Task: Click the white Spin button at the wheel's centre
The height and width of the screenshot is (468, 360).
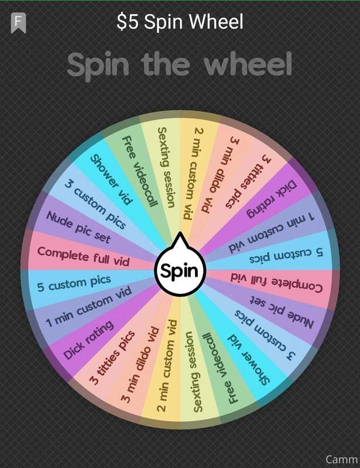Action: pos(180,270)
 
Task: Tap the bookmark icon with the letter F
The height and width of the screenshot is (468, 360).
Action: pos(19,23)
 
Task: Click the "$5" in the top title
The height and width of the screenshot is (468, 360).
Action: pos(128,22)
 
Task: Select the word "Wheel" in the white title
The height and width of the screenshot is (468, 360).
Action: pos(217,22)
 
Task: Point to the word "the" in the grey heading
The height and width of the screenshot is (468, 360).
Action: pos(166,64)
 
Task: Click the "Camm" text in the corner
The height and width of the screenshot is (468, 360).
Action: pos(342,459)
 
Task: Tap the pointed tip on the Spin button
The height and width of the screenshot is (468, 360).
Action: pos(180,232)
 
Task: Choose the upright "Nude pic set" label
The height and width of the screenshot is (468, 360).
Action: pos(78,226)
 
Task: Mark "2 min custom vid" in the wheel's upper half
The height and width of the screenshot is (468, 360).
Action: pos(193,174)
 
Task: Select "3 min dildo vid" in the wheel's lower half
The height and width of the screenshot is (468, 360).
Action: pos(140,364)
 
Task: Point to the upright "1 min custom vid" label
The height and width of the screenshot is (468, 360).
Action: pos(89,305)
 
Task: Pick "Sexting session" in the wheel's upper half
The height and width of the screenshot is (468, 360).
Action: pos(166,167)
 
